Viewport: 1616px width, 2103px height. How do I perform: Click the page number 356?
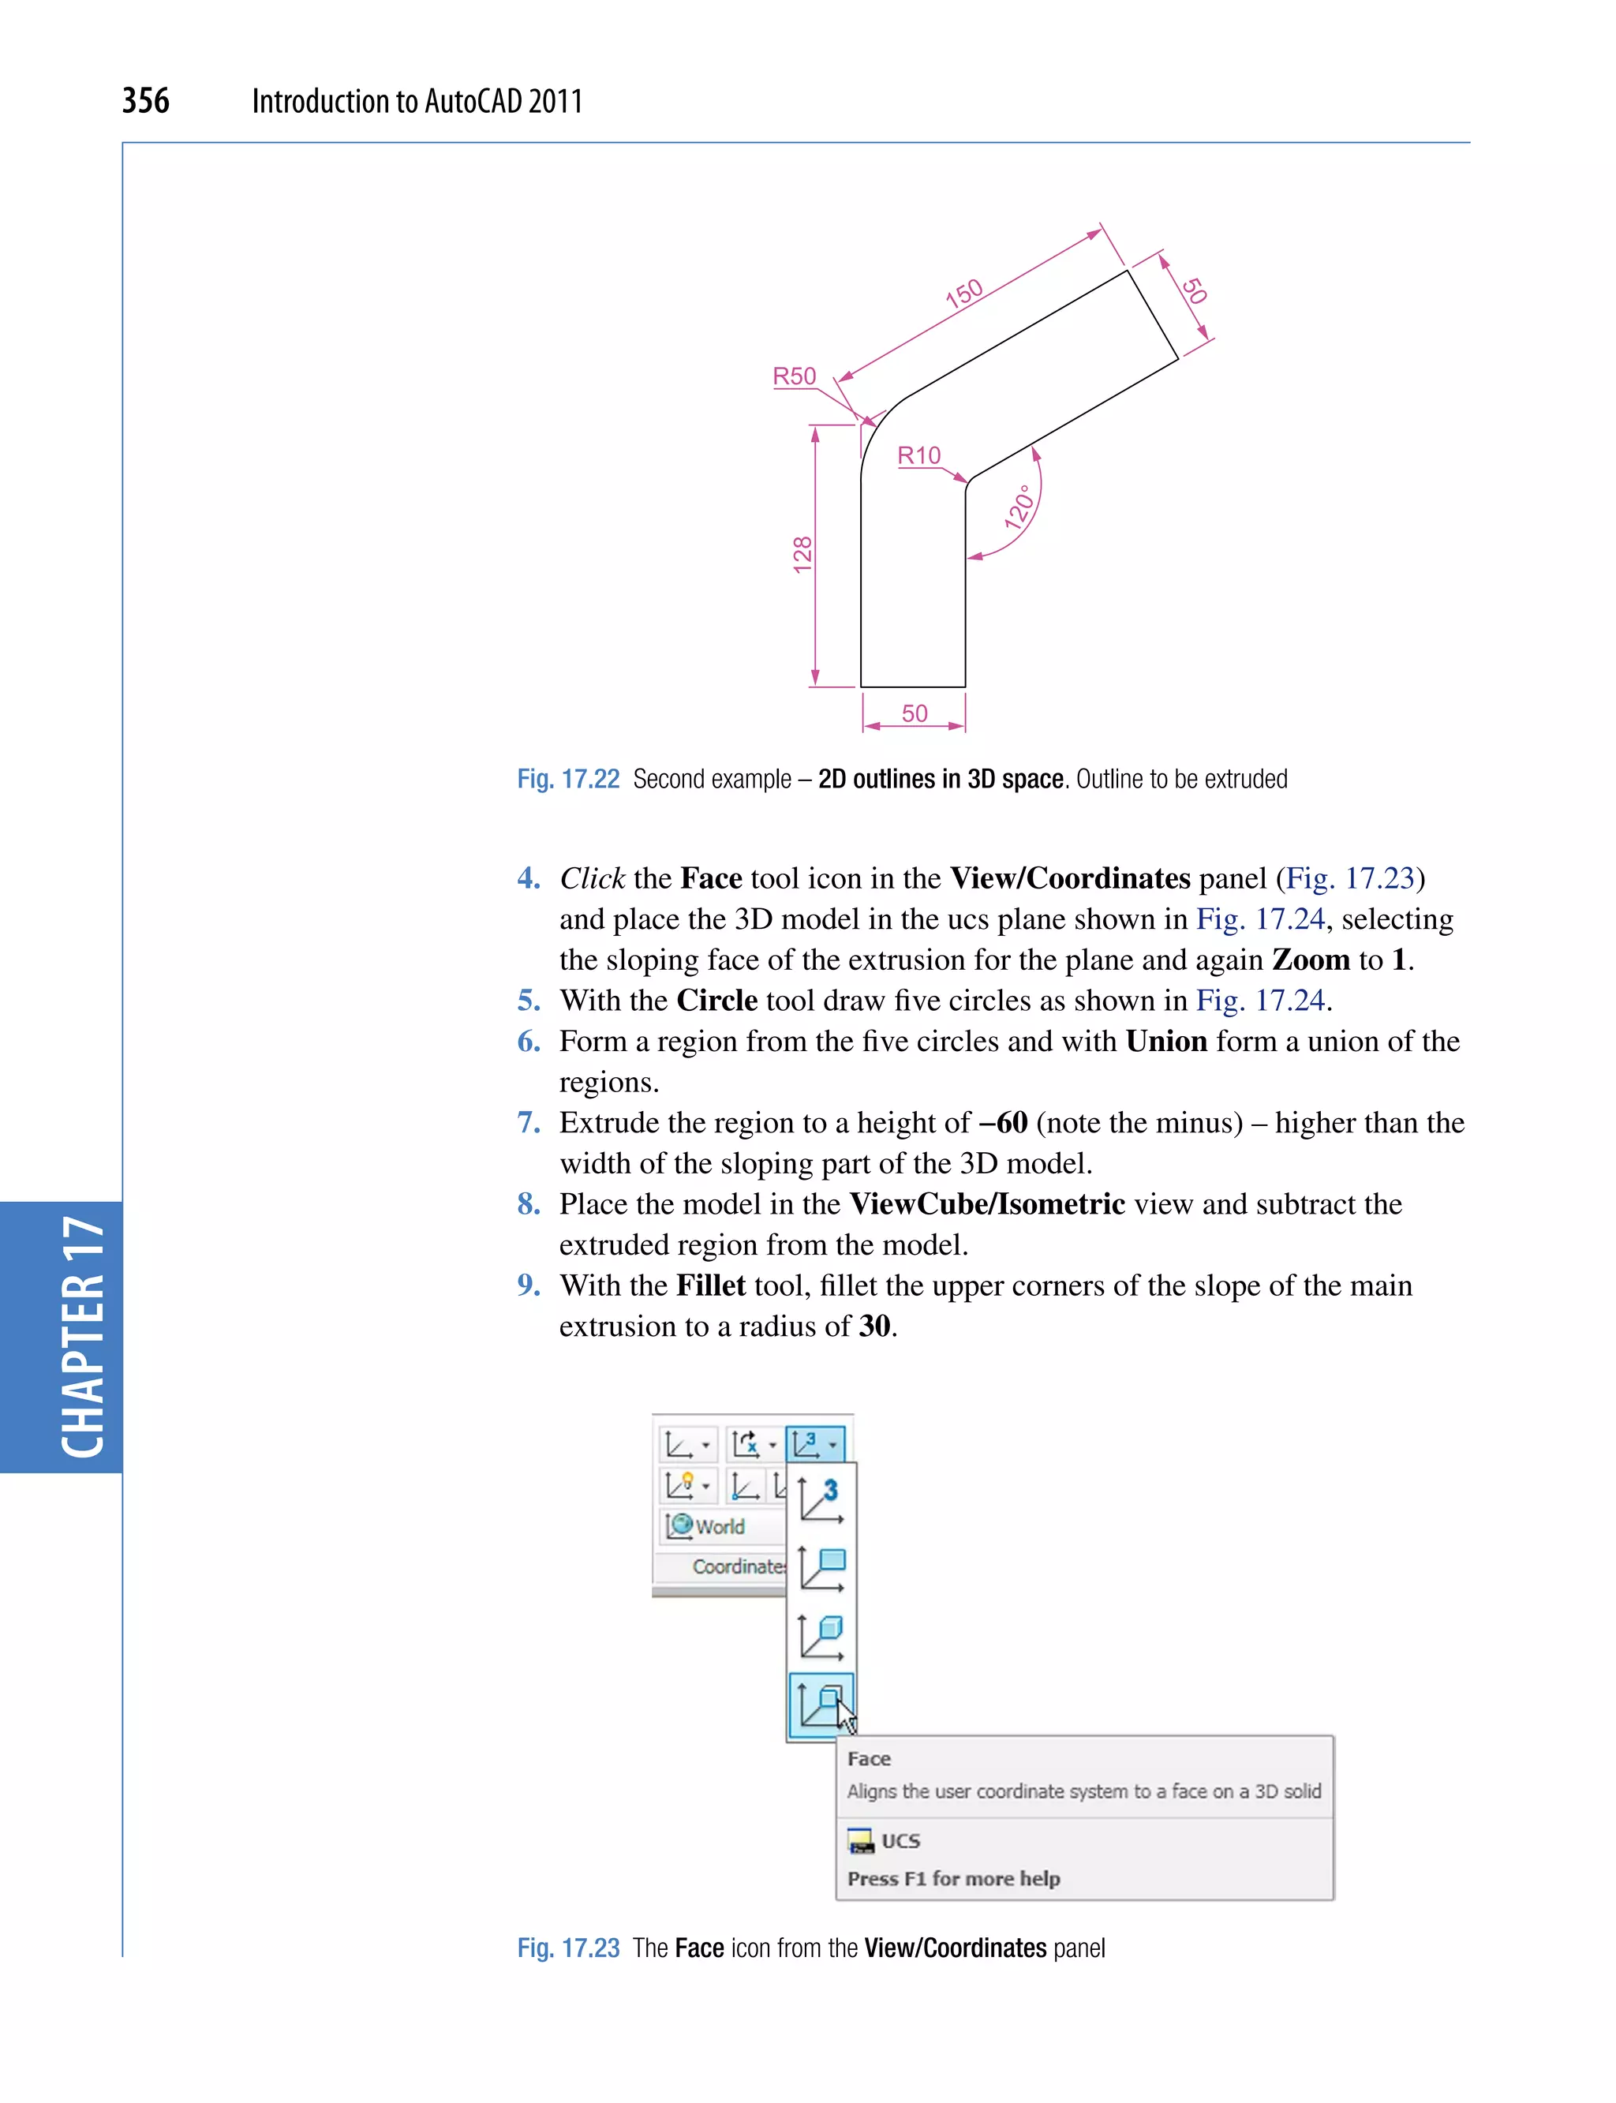[x=145, y=100]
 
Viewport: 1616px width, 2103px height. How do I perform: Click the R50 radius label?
[x=794, y=376]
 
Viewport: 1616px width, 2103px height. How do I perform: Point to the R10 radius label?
[x=918, y=455]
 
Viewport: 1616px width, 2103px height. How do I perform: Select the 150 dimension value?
[x=963, y=293]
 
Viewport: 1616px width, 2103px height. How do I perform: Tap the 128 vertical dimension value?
[x=802, y=555]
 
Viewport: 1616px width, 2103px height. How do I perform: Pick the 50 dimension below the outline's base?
[x=914, y=713]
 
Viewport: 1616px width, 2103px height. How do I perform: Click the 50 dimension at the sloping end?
[x=1194, y=290]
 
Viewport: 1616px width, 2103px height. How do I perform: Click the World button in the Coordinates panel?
[x=708, y=1526]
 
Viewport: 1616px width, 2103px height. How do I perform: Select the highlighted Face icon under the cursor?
[x=820, y=1704]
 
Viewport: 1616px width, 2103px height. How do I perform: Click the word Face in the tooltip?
[x=869, y=1759]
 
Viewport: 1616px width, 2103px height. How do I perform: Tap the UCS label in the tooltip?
[x=900, y=1840]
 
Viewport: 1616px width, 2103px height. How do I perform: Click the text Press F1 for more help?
[x=953, y=1878]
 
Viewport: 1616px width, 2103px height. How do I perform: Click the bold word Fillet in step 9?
[x=710, y=1285]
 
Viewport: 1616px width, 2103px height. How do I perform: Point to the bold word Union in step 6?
[x=1165, y=1041]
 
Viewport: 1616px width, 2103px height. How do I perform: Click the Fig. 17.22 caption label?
[x=567, y=778]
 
